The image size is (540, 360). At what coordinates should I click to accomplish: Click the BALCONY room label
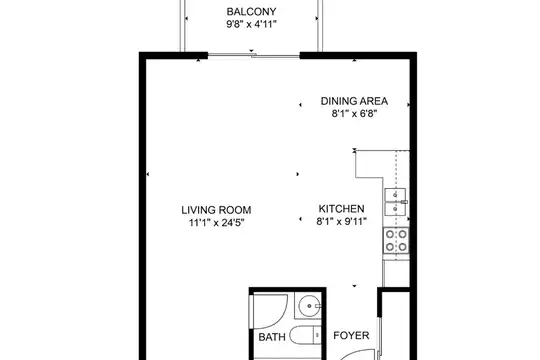pyautogui.click(x=251, y=12)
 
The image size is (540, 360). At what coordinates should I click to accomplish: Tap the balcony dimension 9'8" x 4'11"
pyautogui.click(x=251, y=24)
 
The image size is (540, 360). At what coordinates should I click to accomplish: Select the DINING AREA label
pyautogui.click(x=354, y=101)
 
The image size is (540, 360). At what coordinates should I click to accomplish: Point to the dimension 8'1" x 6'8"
pyautogui.click(x=354, y=113)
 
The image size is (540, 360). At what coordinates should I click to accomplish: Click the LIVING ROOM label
pyautogui.click(x=216, y=210)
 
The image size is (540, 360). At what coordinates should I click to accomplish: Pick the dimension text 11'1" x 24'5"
pyautogui.click(x=217, y=223)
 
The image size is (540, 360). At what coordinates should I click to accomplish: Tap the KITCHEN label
pyautogui.click(x=341, y=209)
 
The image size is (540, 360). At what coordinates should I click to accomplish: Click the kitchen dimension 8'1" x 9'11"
pyautogui.click(x=341, y=221)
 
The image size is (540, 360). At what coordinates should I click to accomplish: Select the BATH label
pyautogui.click(x=272, y=337)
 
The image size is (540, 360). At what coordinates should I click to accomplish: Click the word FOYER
pyautogui.click(x=351, y=336)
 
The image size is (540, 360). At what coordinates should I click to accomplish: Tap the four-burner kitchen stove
pyautogui.click(x=396, y=240)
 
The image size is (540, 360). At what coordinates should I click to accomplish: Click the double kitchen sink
pyautogui.click(x=396, y=202)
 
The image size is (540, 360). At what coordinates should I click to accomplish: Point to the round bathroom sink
pyautogui.click(x=309, y=306)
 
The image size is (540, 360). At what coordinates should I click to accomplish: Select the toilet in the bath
pyautogui.click(x=305, y=335)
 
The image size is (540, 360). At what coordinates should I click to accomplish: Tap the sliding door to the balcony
pyautogui.click(x=254, y=55)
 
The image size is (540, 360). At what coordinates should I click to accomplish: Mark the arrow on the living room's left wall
pyautogui.click(x=148, y=174)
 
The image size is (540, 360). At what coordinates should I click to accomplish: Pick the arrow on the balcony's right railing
pyautogui.click(x=316, y=19)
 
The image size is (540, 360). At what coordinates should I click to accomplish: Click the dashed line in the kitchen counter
pyautogui.click(x=396, y=205)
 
